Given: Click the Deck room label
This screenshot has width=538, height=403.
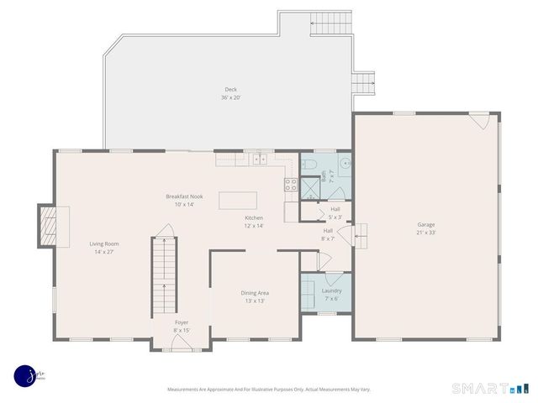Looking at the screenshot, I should [231, 90].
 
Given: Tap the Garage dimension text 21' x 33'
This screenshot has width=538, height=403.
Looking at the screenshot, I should [425, 233].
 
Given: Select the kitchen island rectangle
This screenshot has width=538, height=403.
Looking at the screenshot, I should [237, 200].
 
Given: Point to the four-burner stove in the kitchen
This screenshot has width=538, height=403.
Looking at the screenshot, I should [291, 186].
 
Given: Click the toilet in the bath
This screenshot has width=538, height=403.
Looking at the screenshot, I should [309, 164].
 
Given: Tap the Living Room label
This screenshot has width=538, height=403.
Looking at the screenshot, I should [105, 243].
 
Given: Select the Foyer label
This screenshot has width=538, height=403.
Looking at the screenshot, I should [181, 322].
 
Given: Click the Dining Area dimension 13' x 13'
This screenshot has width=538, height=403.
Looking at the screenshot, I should [256, 301].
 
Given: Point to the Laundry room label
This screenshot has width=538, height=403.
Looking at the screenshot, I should [331, 290].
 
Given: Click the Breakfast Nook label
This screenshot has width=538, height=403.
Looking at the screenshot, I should [184, 196].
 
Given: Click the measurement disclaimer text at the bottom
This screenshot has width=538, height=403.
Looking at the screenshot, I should [269, 390].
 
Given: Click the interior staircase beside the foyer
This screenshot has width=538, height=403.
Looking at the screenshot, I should [164, 273].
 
